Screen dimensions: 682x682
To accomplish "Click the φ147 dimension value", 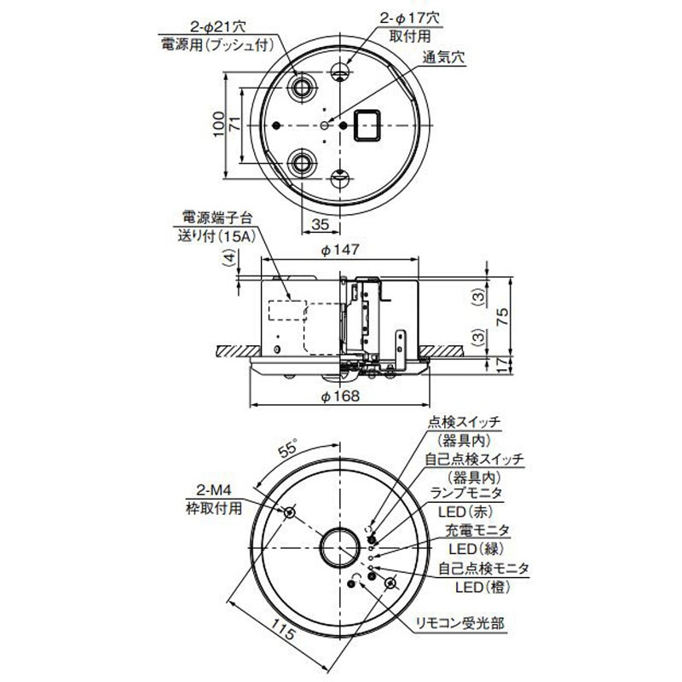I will point(341,250).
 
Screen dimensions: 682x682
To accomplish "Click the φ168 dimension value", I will point(341,396).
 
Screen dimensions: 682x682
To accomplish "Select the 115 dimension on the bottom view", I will point(286,633).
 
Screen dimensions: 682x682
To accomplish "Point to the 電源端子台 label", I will point(214,217).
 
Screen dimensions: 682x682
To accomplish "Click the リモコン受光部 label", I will point(461,624).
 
